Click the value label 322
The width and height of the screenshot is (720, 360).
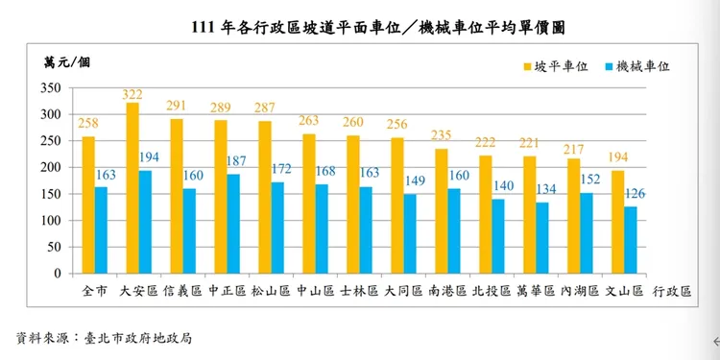pyautogui.click(x=132, y=94)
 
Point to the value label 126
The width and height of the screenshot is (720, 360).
pyautogui.click(x=635, y=195)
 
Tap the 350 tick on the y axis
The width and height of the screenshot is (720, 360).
pyautogui.click(x=50, y=88)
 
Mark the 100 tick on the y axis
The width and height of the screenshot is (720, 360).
pyautogui.click(x=50, y=220)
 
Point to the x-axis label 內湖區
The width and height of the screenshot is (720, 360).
pyautogui.click(x=580, y=290)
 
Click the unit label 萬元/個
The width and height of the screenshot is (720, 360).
pyautogui.click(x=66, y=63)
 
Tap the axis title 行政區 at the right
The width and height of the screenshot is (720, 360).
pyautogui.click(x=673, y=290)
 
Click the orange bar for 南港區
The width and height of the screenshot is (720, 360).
pyautogui.click(x=442, y=210)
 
